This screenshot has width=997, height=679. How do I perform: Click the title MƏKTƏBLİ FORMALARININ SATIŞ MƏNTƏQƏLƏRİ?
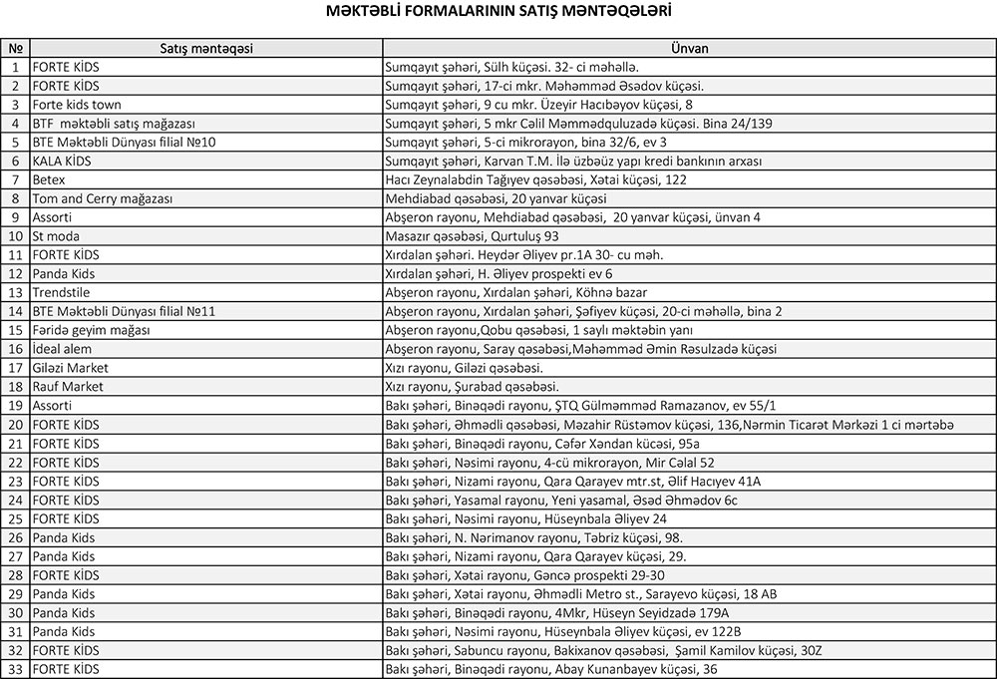(x=498, y=13)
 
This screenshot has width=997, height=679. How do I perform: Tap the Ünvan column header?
(x=689, y=48)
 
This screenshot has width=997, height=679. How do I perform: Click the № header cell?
(x=15, y=48)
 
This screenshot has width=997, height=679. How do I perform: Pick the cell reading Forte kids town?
(x=77, y=105)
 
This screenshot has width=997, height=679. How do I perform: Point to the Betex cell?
(x=49, y=179)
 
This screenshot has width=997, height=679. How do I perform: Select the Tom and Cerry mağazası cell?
(x=103, y=198)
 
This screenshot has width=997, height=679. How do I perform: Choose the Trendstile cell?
(x=61, y=293)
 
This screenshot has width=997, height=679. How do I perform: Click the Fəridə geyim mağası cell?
(x=91, y=330)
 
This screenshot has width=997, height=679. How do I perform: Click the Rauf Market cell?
(x=68, y=387)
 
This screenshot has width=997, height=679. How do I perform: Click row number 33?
(x=15, y=669)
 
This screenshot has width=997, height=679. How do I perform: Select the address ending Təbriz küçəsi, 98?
(x=534, y=537)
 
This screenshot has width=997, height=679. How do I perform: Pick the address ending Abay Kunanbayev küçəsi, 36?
(x=551, y=669)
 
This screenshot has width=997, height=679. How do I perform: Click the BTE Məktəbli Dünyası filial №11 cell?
(x=125, y=311)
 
